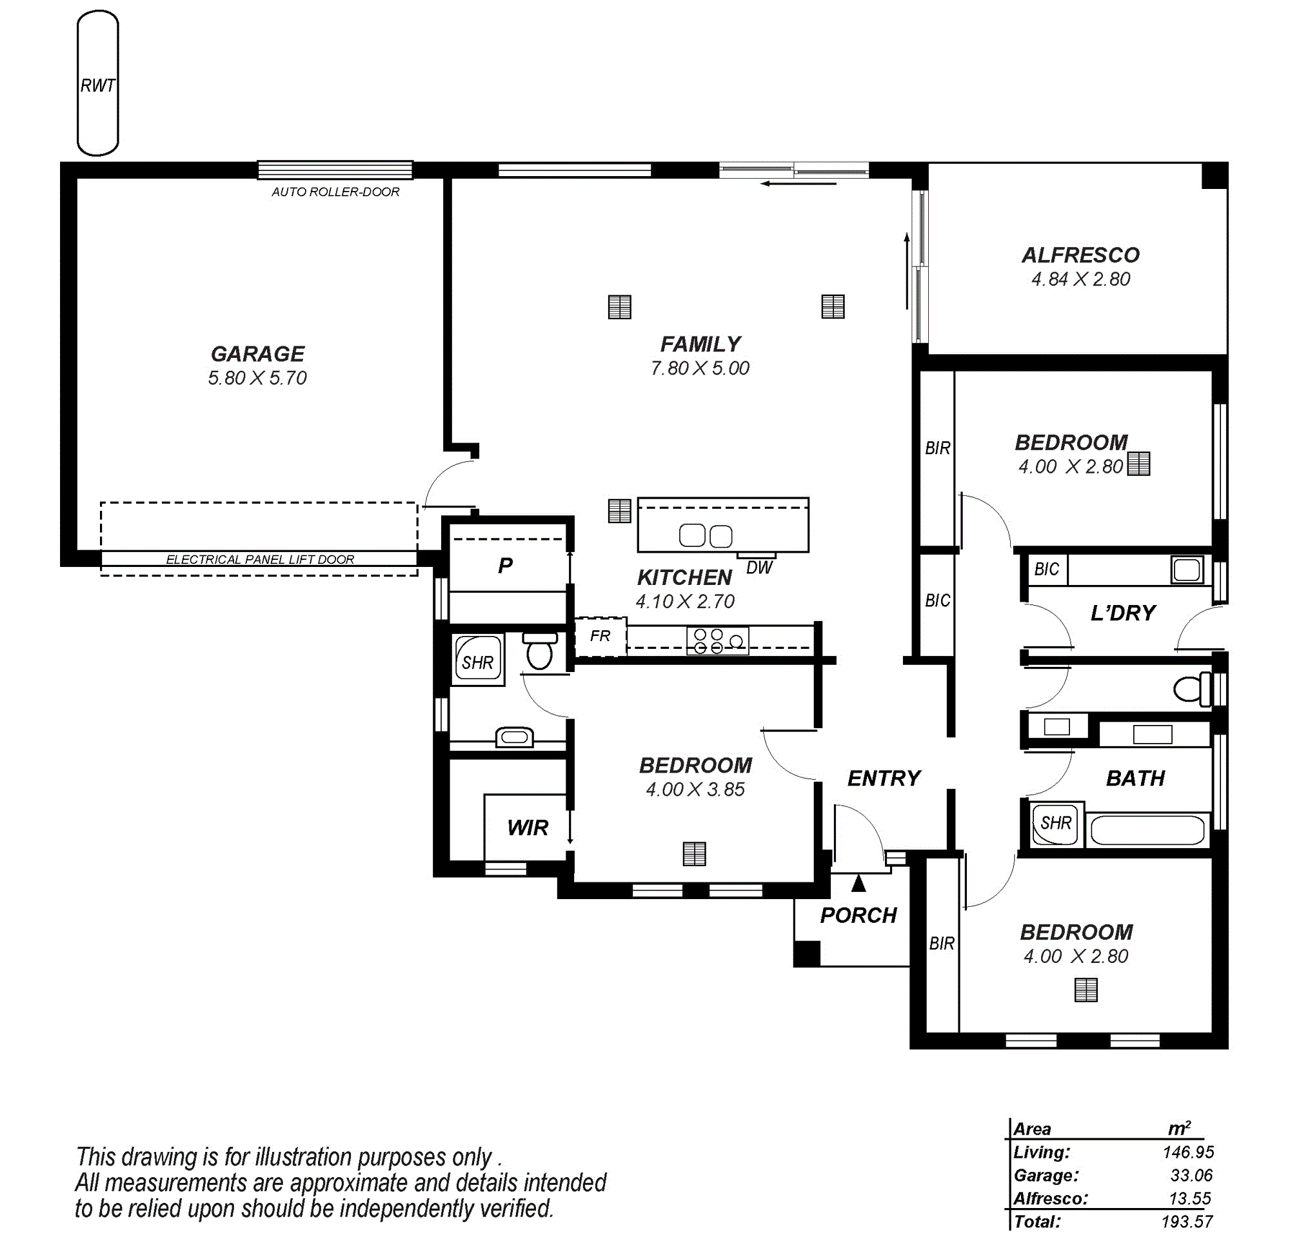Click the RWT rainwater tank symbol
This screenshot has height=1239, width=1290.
pyautogui.click(x=98, y=83)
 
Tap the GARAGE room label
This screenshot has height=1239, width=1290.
pyautogui.click(x=257, y=354)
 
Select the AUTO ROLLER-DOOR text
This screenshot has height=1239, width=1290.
pyautogui.click(x=335, y=192)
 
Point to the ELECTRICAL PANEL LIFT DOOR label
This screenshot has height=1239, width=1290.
pyautogui.click(x=260, y=559)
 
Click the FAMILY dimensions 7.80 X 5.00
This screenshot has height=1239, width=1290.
pyautogui.click(x=700, y=368)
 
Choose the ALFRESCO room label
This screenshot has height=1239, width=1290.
pyautogui.click(x=1081, y=255)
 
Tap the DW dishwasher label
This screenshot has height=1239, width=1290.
pyautogui.click(x=760, y=567)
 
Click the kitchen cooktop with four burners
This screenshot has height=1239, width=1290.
pyautogui.click(x=717, y=641)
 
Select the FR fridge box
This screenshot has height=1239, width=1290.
pyautogui.click(x=600, y=637)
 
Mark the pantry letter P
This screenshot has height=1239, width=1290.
pyautogui.click(x=506, y=565)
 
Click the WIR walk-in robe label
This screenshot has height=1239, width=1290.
pyautogui.click(x=528, y=827)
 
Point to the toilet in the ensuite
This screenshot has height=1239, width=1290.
pyautogui.click(x=540, y=651)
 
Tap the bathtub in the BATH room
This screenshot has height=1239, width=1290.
pyautogui.click(x=1147, y=830)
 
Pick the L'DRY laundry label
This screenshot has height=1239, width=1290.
pyautogui.click(x=1124, y=613)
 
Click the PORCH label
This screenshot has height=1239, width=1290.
pyautogui.click(x=858, y=915)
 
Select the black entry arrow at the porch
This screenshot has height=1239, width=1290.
pyautogui.click(x=858, y=883)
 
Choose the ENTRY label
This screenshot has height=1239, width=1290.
pyautogui.click(x=884, y=778)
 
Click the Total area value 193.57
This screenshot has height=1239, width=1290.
pyautogui.click(x=1187, y=1222)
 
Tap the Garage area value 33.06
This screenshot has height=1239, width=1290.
pyautogui.click(x=1191, y=1175)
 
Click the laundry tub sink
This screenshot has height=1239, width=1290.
pyautogui.click(x=1187, y=570)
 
